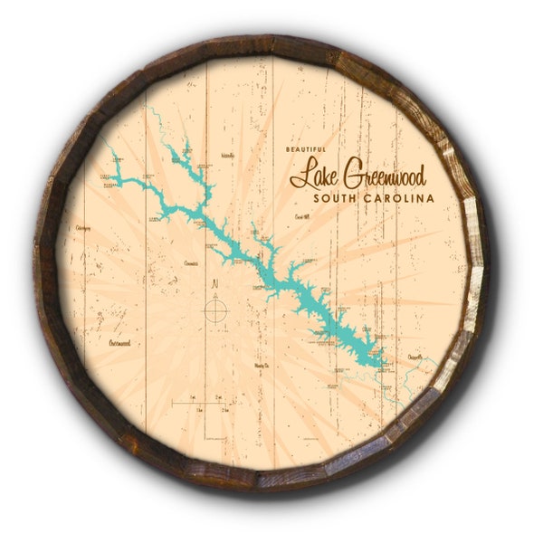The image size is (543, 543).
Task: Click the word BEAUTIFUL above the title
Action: pos(306,149)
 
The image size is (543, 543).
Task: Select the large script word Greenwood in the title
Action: pos(382,176)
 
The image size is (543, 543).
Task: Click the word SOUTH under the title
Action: pos(335,198)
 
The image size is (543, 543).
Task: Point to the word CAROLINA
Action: pos(398,198)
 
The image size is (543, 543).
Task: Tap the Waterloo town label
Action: pos(227,156)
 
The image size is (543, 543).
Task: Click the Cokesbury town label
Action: pos(84,228)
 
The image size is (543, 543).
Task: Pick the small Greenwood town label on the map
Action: pos(119,344)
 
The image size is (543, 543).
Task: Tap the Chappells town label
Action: pos(412,359)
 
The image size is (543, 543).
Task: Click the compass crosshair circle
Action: pos(214,310)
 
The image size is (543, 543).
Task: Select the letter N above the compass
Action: pos(214,284)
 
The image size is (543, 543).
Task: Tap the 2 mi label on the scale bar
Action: pos(219,397)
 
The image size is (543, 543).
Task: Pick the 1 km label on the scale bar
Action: pos(199,410)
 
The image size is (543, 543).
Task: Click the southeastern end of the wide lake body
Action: pos(386,366)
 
